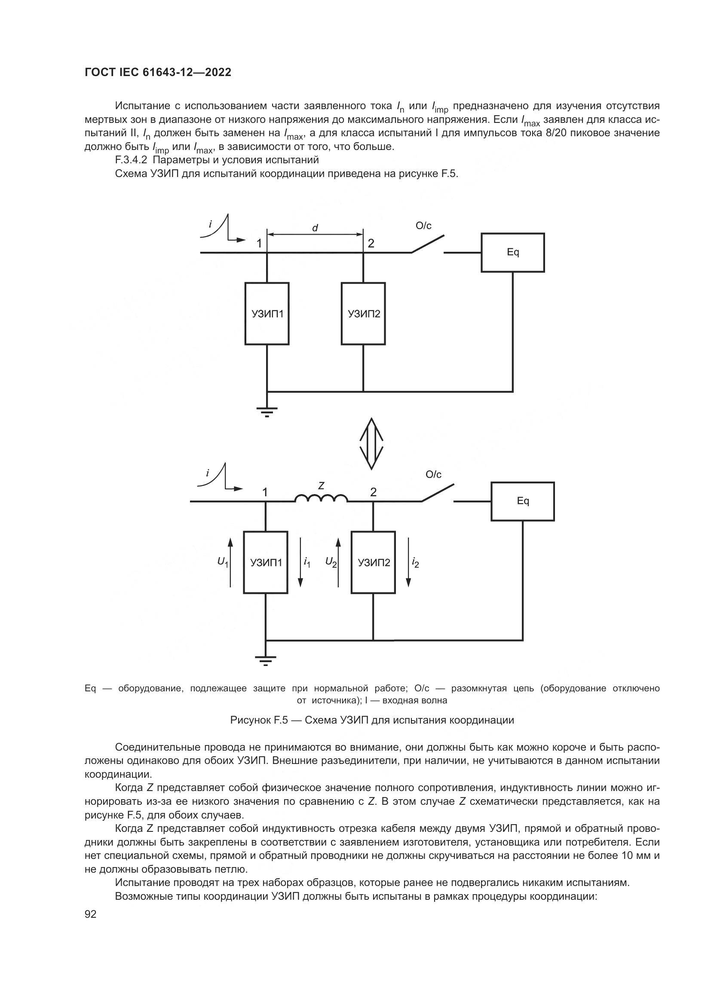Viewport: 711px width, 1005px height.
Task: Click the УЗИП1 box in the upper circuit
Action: [x=267, y=313]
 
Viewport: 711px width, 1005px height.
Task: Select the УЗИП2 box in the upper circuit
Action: [x=363, y=313]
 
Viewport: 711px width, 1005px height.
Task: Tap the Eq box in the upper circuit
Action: [x=513, y=253]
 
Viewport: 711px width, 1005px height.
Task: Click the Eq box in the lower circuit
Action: [x=522, y=501]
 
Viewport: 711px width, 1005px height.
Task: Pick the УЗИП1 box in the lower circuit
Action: [x=266, y=562]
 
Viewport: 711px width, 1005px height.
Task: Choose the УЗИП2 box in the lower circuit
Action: [x=374, y=562]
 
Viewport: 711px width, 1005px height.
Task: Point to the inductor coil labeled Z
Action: [x=321, y=498]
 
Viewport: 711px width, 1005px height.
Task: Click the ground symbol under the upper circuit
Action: [x=267, y=412]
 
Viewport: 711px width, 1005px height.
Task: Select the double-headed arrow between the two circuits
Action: [x=371, y=443]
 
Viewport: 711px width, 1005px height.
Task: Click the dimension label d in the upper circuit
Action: [x=315, y=228]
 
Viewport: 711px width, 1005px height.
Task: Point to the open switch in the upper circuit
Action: [x=427, y=244]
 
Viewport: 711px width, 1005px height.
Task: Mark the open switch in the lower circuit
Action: [x=437, y=493]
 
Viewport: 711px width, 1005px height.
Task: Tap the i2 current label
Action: [x=415, y=563]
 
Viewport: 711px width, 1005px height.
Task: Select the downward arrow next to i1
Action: [x=300, y=562]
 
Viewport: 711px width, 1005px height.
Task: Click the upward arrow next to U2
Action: [x=338, y=562]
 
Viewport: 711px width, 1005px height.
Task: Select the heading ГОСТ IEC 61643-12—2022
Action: [x=158, y=73]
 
